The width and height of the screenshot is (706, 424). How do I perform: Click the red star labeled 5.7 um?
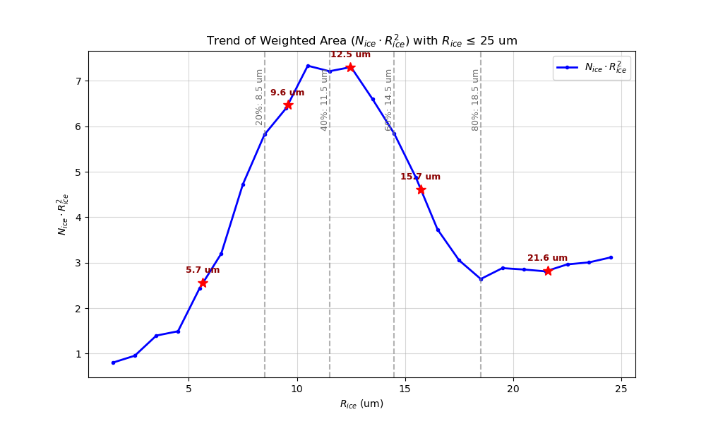point(203,283)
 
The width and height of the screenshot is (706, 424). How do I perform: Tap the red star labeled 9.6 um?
point(288,105)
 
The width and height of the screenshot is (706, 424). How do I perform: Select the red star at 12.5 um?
point(350,67)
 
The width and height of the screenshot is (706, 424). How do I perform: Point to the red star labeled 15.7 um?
point(421,189)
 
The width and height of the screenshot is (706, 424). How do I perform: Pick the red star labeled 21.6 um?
point(548,271)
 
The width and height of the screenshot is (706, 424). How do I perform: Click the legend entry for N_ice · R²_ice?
point(592,68)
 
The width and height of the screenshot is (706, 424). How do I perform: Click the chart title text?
point(361,41)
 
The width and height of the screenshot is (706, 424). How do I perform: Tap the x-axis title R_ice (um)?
point(361,404)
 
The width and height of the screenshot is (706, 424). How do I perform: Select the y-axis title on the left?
point(63,214)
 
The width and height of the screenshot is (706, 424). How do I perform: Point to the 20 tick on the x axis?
point(513,388)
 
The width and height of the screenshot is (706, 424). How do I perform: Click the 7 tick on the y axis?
point(79,81)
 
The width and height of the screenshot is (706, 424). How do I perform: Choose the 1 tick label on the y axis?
point(79,354)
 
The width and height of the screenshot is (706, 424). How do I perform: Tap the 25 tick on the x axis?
point(621,388)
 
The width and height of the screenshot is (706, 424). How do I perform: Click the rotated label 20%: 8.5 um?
point(259,97)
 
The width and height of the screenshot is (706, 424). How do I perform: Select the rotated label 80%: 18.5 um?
point(475,100)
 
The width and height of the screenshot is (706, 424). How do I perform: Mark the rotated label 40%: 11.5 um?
point(324,100)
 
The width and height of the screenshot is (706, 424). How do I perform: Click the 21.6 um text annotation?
point(547,258)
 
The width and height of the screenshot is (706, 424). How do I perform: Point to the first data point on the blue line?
point(113,363)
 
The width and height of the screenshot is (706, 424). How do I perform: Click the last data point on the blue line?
point(611,257)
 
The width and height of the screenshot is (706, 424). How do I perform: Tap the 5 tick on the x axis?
point(189,388)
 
